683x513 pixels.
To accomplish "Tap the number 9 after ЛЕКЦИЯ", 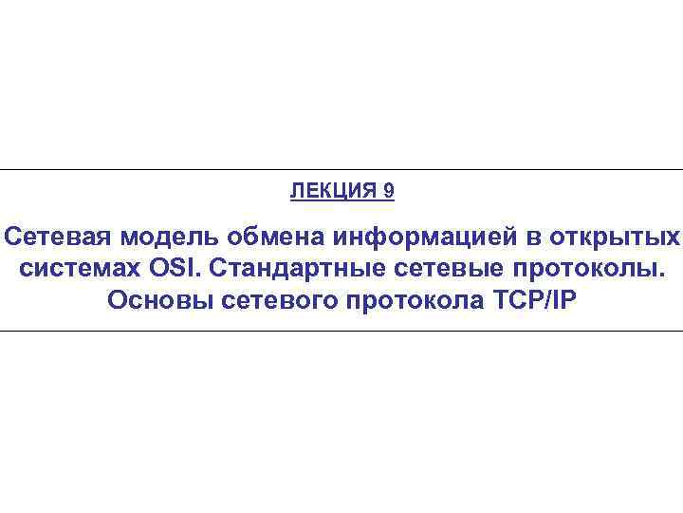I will coord(389,191).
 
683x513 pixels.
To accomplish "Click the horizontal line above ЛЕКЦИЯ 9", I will coord(341,170).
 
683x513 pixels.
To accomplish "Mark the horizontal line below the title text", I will coord(341,331).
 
